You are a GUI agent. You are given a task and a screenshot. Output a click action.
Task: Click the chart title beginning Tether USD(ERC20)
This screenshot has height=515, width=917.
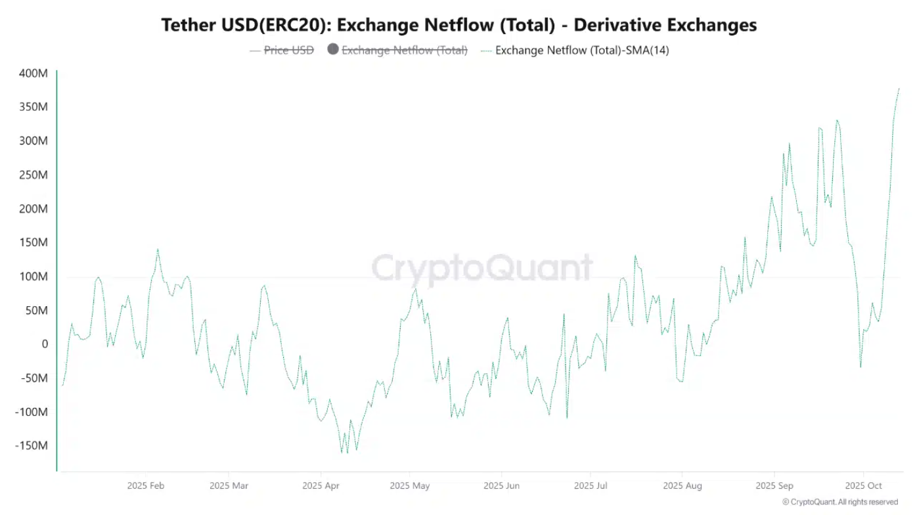pyautogui.click(x=458, y=25)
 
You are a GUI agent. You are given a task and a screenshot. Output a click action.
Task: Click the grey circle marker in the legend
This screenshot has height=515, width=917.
pyautogui.click(x=333, y=49)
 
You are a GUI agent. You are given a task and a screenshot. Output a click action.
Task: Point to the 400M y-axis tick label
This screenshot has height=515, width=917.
pyautogui.click(x=33, y=73)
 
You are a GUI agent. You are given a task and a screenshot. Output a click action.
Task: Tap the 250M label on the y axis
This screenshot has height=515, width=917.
pyautogui.click(x=33, y=175)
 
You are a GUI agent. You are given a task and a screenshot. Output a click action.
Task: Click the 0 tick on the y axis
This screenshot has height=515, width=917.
pyautogui.click(x=44, y=344)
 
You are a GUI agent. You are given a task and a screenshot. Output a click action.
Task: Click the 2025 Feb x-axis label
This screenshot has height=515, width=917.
pyautogui.click(x=146, y=486)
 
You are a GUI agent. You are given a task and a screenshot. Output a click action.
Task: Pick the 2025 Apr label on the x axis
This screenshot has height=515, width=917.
pyautogui.click(x=321, y=486)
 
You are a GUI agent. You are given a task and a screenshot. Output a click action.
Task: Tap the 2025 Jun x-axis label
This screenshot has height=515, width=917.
pyautogui.click(x=502, y=486)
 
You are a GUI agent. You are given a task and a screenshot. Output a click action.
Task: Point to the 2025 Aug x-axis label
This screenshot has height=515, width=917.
pyautogui.click(x=682, y=486)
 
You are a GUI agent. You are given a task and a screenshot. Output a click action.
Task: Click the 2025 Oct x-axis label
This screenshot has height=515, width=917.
pyautogui.click(x=863, y=486)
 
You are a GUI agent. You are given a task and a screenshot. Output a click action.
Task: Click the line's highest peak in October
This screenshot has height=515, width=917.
pyautogui.click(x=899, y=89)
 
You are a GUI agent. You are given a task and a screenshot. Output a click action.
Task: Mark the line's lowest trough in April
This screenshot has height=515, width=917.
pyautogui.click(x=342, y=453)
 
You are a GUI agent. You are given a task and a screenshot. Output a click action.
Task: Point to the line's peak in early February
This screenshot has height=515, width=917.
pyautogui.click(x=158, y=250)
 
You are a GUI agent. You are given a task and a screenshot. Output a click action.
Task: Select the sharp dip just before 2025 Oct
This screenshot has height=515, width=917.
pyautogui.click(x=861, y=367)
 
